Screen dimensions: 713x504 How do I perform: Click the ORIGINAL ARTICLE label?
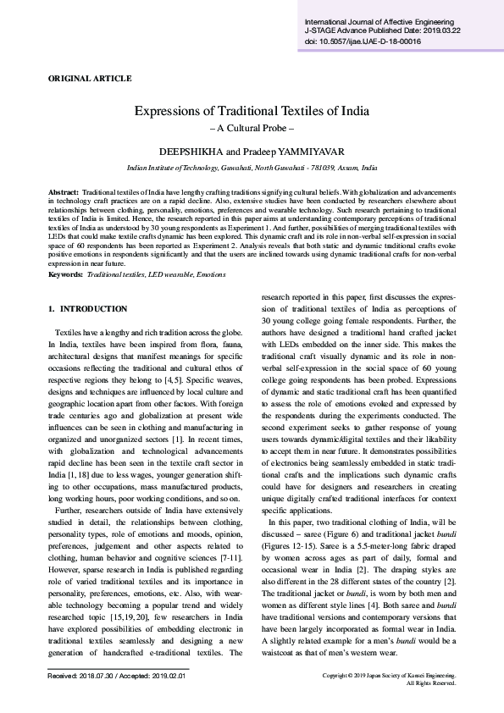(90, 79)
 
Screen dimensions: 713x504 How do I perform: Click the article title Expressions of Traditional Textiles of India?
(252, 111)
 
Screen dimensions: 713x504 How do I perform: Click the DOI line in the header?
(363, 41)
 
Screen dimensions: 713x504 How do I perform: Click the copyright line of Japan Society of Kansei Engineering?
(390, 675)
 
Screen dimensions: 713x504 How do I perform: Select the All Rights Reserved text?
(432, 683)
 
